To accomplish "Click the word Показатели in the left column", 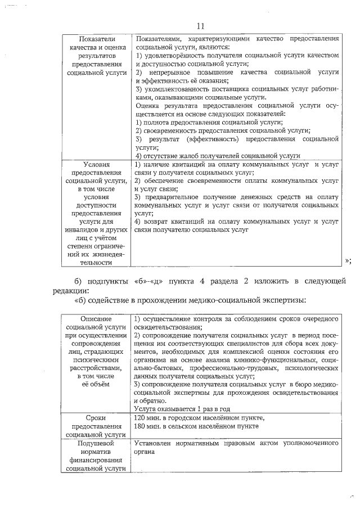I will pyautogui.click(x=96, y=39).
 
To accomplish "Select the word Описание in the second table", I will pyautogui.click(x=96, y=319).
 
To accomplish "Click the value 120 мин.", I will pyautogui.click(x=148, y=418).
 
